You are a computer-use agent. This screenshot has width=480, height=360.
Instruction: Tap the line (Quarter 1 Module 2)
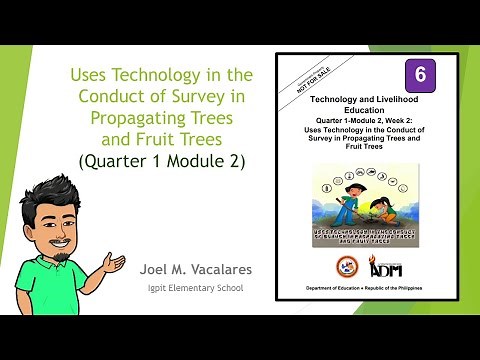[x=162, y=160]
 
